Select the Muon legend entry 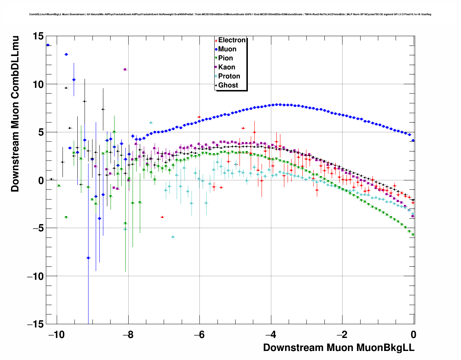227,49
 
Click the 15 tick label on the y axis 38,36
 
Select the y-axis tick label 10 38,84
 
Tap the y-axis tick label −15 35,324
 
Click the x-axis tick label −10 57,334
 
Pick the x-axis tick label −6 199,334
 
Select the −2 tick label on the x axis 342,334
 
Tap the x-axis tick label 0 414,334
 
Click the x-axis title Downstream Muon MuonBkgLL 339,348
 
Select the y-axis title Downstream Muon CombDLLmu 15,113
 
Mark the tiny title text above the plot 230,14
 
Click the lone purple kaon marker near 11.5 125,69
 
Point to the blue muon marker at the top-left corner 48,45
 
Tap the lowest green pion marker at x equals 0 413,235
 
